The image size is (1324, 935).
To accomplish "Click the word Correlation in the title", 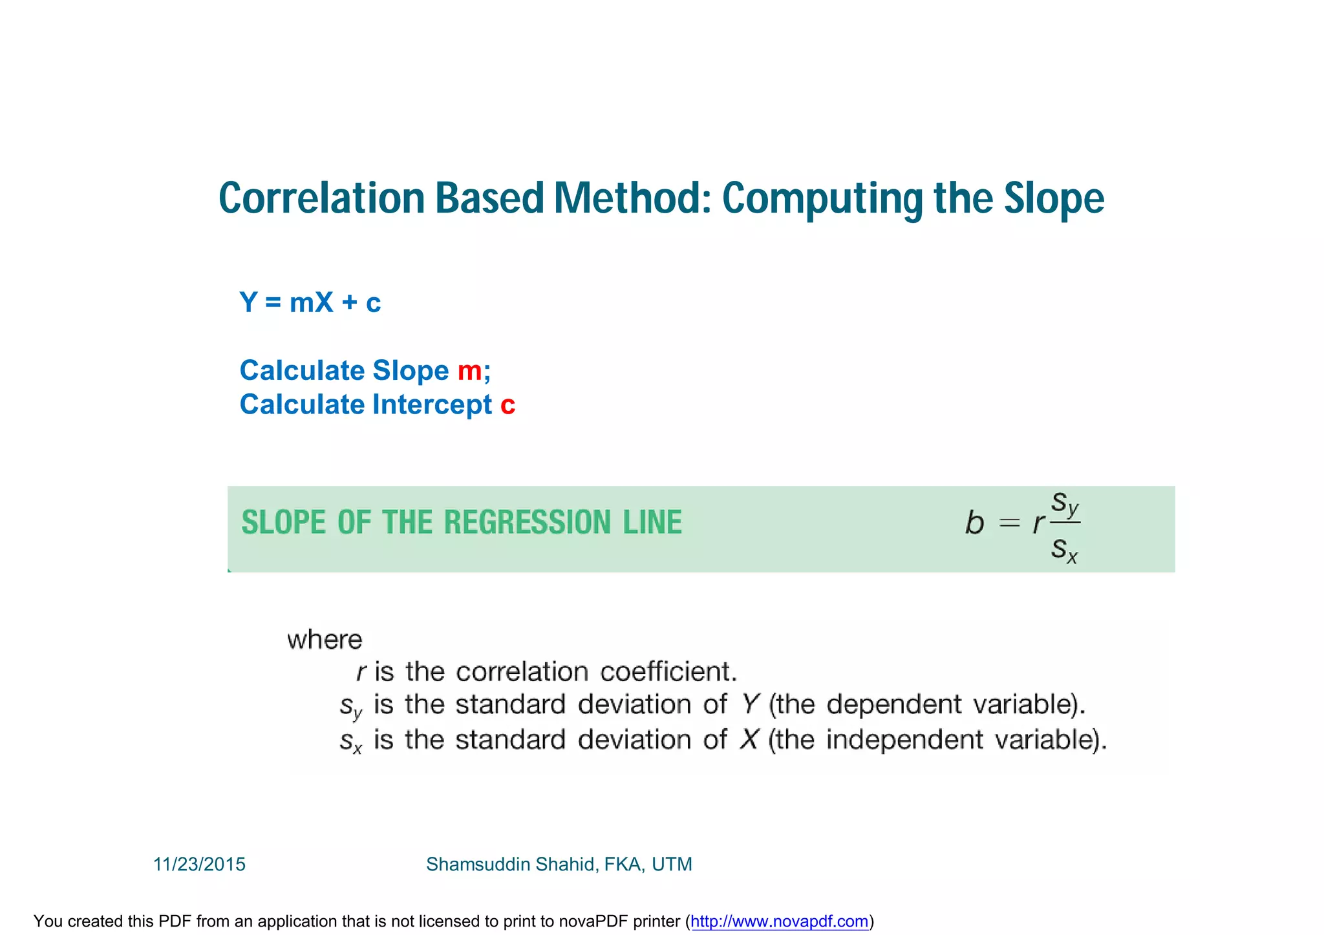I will (x=321, y=198).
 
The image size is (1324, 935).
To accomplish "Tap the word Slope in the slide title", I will (x=1054, y=198).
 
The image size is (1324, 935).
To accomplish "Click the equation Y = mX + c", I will (x=310, y=302).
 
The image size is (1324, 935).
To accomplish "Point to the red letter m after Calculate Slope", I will (x=469, y=371).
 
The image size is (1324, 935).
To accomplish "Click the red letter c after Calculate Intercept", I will (x=507, y=405).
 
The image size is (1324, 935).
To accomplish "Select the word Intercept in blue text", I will (x=432, y=405).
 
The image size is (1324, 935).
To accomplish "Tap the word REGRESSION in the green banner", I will (x=527, y=522).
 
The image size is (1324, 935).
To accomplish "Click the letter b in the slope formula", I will (x=974, y=522).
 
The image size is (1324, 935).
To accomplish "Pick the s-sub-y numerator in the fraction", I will (x=1065, y=503).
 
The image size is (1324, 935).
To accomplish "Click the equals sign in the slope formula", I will (x=1009, y=523).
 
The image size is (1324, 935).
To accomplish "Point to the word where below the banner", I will (x=325, y=640).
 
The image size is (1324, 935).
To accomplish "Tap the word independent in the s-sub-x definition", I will (x=904, y=740).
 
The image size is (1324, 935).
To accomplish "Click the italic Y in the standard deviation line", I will (x=749, y=704).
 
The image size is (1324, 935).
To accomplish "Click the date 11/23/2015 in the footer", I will (x=199, y=865).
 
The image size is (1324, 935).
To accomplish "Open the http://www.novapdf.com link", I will (x=779, y=921).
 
